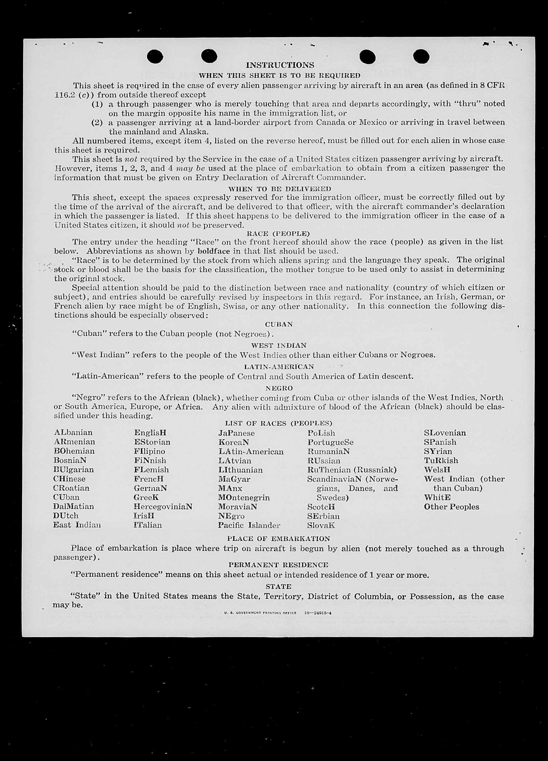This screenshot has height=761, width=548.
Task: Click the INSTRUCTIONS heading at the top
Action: pyautogui.click(x=280, y=65)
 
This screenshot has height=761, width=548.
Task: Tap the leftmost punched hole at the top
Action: pyautogui.click(x=155, y=56)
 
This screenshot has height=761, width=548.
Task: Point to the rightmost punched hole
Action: pyautogui.click(x=421, y=56)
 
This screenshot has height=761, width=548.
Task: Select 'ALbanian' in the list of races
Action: pyautogui.click(x=73, y=432)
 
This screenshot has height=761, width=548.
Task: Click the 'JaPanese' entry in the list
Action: pyautogui.click(x=237, y=433)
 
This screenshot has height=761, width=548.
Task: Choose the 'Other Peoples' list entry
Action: pyautogui.click(x=451, y=507)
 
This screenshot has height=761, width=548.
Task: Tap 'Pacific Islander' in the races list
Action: pyautogui.click(x=249, y=525)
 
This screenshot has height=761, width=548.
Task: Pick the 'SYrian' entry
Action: pyautogui.click(x=438, y=451)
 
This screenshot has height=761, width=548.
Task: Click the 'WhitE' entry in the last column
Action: pyautogui.click(x=437, y=497)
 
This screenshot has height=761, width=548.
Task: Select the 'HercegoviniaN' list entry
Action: pyautogui.click(x=163, y=507)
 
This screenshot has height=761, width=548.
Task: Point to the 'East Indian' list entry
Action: pyautogui.click(x=77, y=525)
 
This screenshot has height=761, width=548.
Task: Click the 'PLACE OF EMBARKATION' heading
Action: pyautogui.click(x=279, y=539)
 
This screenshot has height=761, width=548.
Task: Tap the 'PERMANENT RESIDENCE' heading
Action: pyautogui.click(x=279, y=565)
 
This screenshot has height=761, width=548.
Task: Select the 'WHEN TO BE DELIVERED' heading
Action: pyautogui.click(x=280, y=189)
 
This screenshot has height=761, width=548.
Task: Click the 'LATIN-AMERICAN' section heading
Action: pyautogui.click(x=279, y=367)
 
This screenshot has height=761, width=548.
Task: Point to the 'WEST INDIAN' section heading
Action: pyautogui.click(x=279, y=345)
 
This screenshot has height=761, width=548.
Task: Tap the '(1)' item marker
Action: pyautogui.click(x=97, y=104)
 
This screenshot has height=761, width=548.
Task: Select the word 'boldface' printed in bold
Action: pyautogui.click(x=214, y=251)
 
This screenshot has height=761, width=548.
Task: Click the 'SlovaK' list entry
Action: pyautogui.click(x=321, y=525)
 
